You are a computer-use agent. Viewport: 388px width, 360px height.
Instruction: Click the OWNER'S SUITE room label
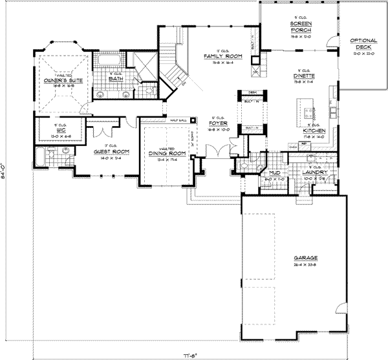[61, 81]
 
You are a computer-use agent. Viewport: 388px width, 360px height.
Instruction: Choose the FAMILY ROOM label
[222, 57]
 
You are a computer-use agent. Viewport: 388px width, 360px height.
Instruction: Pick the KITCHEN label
[312, 131]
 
